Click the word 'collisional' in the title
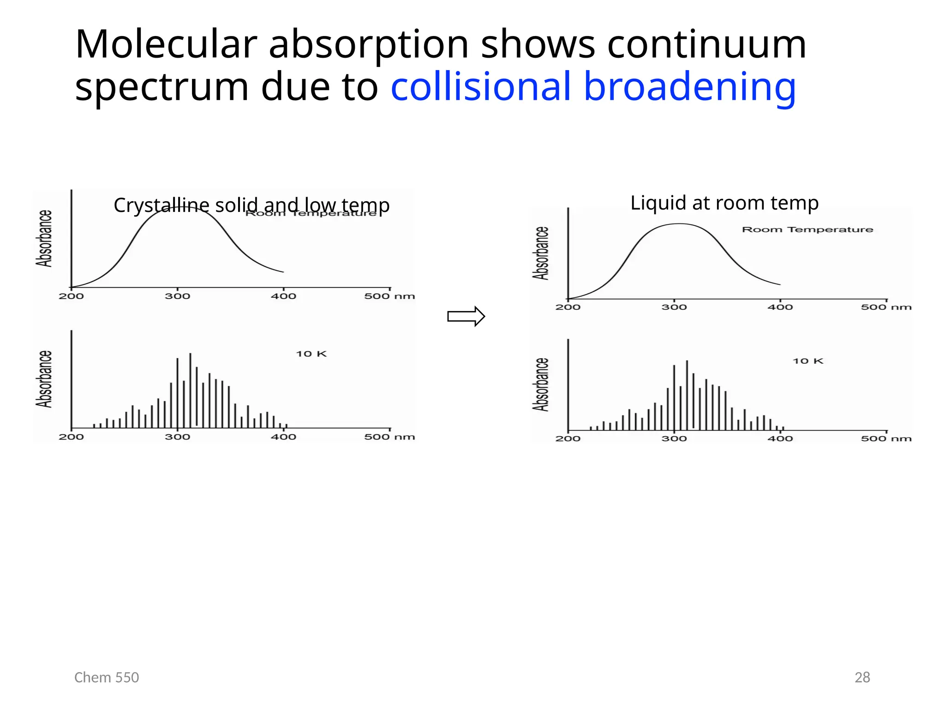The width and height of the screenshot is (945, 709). point(481,87)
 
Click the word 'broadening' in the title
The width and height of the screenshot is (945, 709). point(689,87)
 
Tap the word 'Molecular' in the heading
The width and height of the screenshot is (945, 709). point(166,45)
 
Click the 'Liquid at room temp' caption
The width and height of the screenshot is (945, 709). point(724,203)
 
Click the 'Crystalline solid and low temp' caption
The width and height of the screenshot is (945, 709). point(251,205)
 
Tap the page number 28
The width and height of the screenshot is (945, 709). point(862,677)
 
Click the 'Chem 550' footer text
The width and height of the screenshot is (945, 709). point(107,677)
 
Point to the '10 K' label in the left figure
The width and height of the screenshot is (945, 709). point(311,354)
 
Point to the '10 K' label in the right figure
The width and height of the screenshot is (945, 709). point(807,361)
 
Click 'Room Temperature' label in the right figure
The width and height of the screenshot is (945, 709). point(807,229)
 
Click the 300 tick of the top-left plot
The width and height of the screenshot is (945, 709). point(177,296)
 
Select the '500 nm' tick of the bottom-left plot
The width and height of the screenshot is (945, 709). point(389,437)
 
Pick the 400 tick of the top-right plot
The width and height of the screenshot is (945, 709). point(780,307)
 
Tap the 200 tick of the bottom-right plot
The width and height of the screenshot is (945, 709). point(568,439)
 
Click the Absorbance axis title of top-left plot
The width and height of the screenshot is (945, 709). point(44,239)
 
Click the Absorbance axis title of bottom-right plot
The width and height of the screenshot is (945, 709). point(541,385)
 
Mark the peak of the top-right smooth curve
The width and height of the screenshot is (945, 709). point(679,224)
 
